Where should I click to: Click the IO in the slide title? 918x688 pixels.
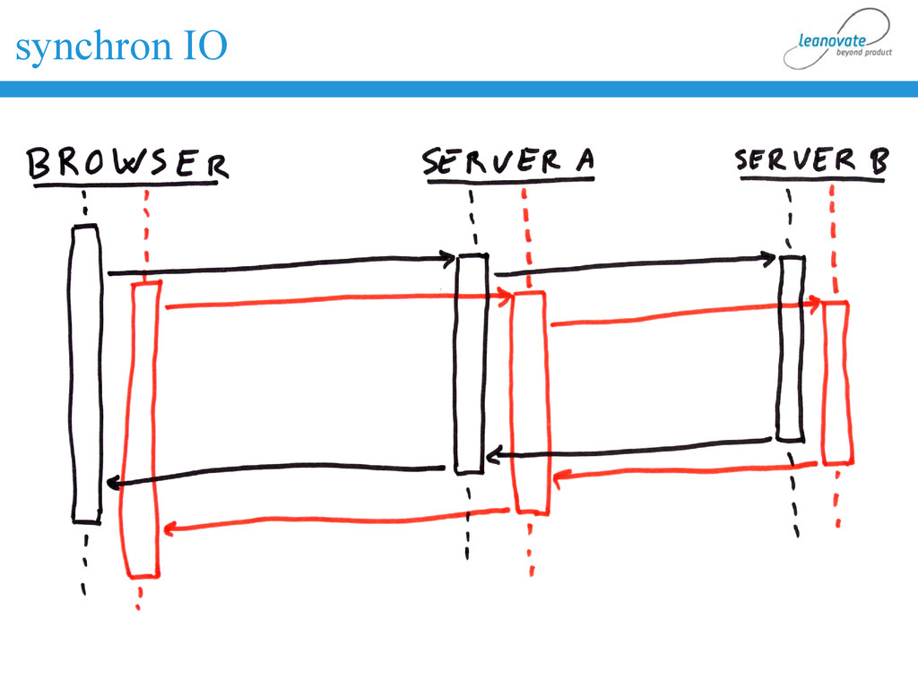pyautogui.click(x=206, y=46)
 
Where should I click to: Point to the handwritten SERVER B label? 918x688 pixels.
pyautogui.click(x=811, y=161)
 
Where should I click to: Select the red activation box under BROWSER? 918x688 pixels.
pyautogui.click(x=143, y=430)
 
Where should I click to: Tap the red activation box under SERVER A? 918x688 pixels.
pyautogui.click(x=530, y=403)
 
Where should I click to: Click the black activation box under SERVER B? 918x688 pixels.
pyautogui.click(x=791, y=349)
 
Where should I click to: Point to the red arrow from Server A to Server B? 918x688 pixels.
pyautogui.click(x=686, y=314)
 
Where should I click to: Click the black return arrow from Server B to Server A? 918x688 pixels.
pyautogui.click(x=628, y=448)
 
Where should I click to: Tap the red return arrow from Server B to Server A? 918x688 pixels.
pyautogui.click(x=686, y=471)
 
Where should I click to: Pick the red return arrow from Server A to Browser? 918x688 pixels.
pyautogui.click(x=336, y=520)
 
